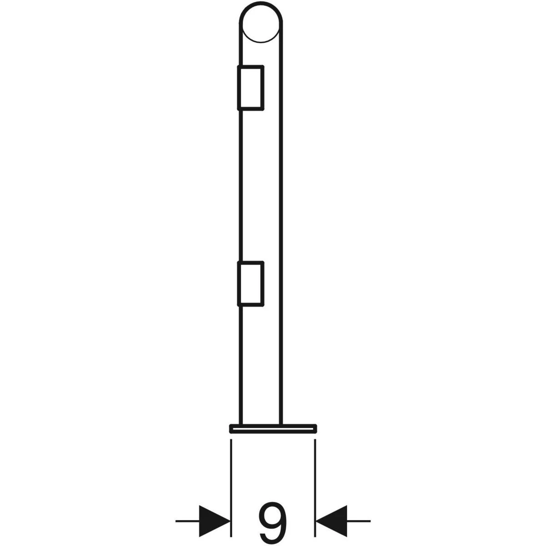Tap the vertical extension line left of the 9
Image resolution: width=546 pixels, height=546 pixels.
coord(231,488)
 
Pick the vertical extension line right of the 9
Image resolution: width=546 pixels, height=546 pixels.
coord(315,488)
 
